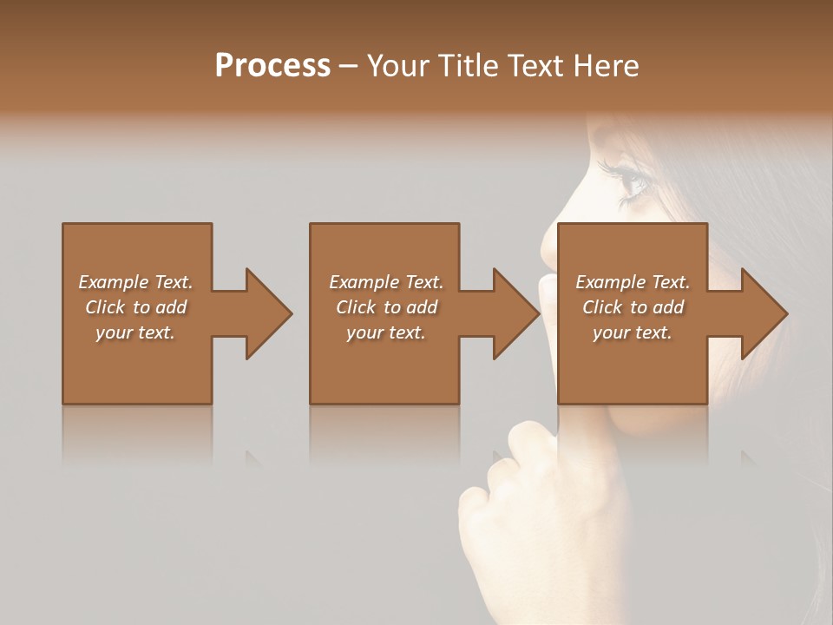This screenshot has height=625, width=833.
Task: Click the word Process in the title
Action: [272, 66]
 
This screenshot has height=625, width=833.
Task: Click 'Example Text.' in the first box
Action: [135, 282]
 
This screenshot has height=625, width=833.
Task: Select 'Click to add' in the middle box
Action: [386, 307]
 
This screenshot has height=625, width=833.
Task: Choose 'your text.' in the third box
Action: [632, 332]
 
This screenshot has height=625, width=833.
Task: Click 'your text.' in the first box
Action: [135, 332]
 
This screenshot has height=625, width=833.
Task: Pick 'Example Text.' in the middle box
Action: [386, 282]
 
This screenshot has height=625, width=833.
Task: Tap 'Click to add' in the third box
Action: [633, 307]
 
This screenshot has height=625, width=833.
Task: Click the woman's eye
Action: [631, 181]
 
